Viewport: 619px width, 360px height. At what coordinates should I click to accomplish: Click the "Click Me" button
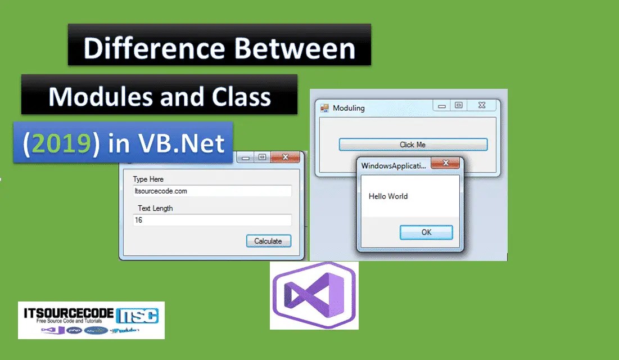pyautogui.click(x=413, y=145)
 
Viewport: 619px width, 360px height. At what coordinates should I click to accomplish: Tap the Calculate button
pyautogui.click(x=268, y=241)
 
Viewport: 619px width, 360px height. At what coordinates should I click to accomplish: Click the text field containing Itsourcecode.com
pyautogui.click(x=213, y=191)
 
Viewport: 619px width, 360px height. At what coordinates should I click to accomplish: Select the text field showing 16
pyautogui.click(x=213, y=220)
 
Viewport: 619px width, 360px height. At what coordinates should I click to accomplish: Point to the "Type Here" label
pyautogui.click(x=148, y=179)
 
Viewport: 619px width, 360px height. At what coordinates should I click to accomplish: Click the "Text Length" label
pyautogui.click(x=155, y=208)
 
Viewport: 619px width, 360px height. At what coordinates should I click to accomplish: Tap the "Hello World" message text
pyautogui.click(x=388, y=196)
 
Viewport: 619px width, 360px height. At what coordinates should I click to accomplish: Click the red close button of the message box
pyautogui.click(x=445, y=164)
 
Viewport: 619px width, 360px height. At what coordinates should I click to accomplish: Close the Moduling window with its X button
pyautogui.click(x=482, y=105)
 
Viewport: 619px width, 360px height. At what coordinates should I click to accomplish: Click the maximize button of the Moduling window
pyautogui.click(x=459, y=105)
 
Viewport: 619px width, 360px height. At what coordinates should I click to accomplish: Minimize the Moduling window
pyautogui.click(x=442, y=106)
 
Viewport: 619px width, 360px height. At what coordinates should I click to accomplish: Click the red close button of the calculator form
pyautogui.click(x=285, y=157)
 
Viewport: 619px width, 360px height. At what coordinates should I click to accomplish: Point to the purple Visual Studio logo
pyautogui.click(x=314, y=295)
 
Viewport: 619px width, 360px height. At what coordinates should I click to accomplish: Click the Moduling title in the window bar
pyautogui.click(x=349, y=108)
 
